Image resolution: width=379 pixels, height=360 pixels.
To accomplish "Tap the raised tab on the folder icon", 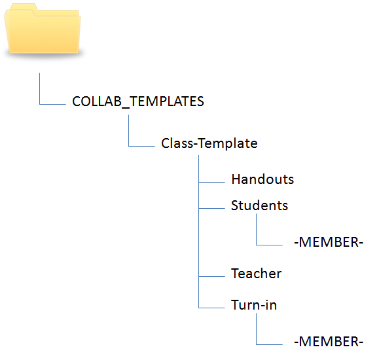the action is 24,7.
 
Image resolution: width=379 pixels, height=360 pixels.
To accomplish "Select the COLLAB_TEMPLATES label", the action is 138,101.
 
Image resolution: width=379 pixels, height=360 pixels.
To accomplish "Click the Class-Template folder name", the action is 209,143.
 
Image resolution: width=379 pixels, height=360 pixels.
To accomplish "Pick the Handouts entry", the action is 262,179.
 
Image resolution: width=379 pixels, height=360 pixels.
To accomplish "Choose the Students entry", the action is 259,206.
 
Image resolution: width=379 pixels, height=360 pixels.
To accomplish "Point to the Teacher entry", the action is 256,274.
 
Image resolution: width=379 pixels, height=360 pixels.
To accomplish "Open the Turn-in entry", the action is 254,304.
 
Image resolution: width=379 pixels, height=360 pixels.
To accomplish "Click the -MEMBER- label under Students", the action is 329,242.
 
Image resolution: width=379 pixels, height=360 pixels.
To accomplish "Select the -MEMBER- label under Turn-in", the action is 329,342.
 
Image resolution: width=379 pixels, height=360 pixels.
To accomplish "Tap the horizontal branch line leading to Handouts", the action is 211,182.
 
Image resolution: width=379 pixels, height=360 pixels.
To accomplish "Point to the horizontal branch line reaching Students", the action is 211,208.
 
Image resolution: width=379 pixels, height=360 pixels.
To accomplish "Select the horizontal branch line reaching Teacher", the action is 211,276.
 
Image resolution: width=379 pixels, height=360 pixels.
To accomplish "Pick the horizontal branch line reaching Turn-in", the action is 211,308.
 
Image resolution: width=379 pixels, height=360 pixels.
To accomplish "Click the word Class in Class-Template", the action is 177,143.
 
